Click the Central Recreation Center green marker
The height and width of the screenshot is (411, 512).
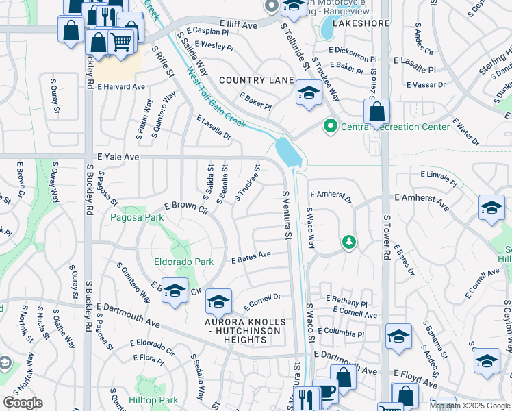pyautogui.click(x=331, y=126)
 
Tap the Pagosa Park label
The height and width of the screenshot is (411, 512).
pyautogui.click(x=138, y=217)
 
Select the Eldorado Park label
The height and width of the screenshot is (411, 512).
pyautogui.click(x=183, y=262)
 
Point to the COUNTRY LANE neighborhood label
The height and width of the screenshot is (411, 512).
pyautogui.click(x=256, y=80)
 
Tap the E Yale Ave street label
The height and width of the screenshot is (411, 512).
pyautogui.click(x=118, y=157)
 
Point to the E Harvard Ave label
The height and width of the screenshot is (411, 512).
pyautogui.click(x=121, y=87)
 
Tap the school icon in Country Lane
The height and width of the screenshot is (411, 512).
pyautogui.click(x=309, y=93)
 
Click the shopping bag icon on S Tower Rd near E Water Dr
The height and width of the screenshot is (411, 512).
pyautogui.click(x=376, y=112)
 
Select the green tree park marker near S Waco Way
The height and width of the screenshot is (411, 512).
pyautogui.click(x=349, y=242)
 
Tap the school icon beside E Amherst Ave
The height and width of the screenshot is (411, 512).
pyautogui.click(x=491, y=208)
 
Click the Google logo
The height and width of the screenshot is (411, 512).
pyautogui.click(x=23, y=403)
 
